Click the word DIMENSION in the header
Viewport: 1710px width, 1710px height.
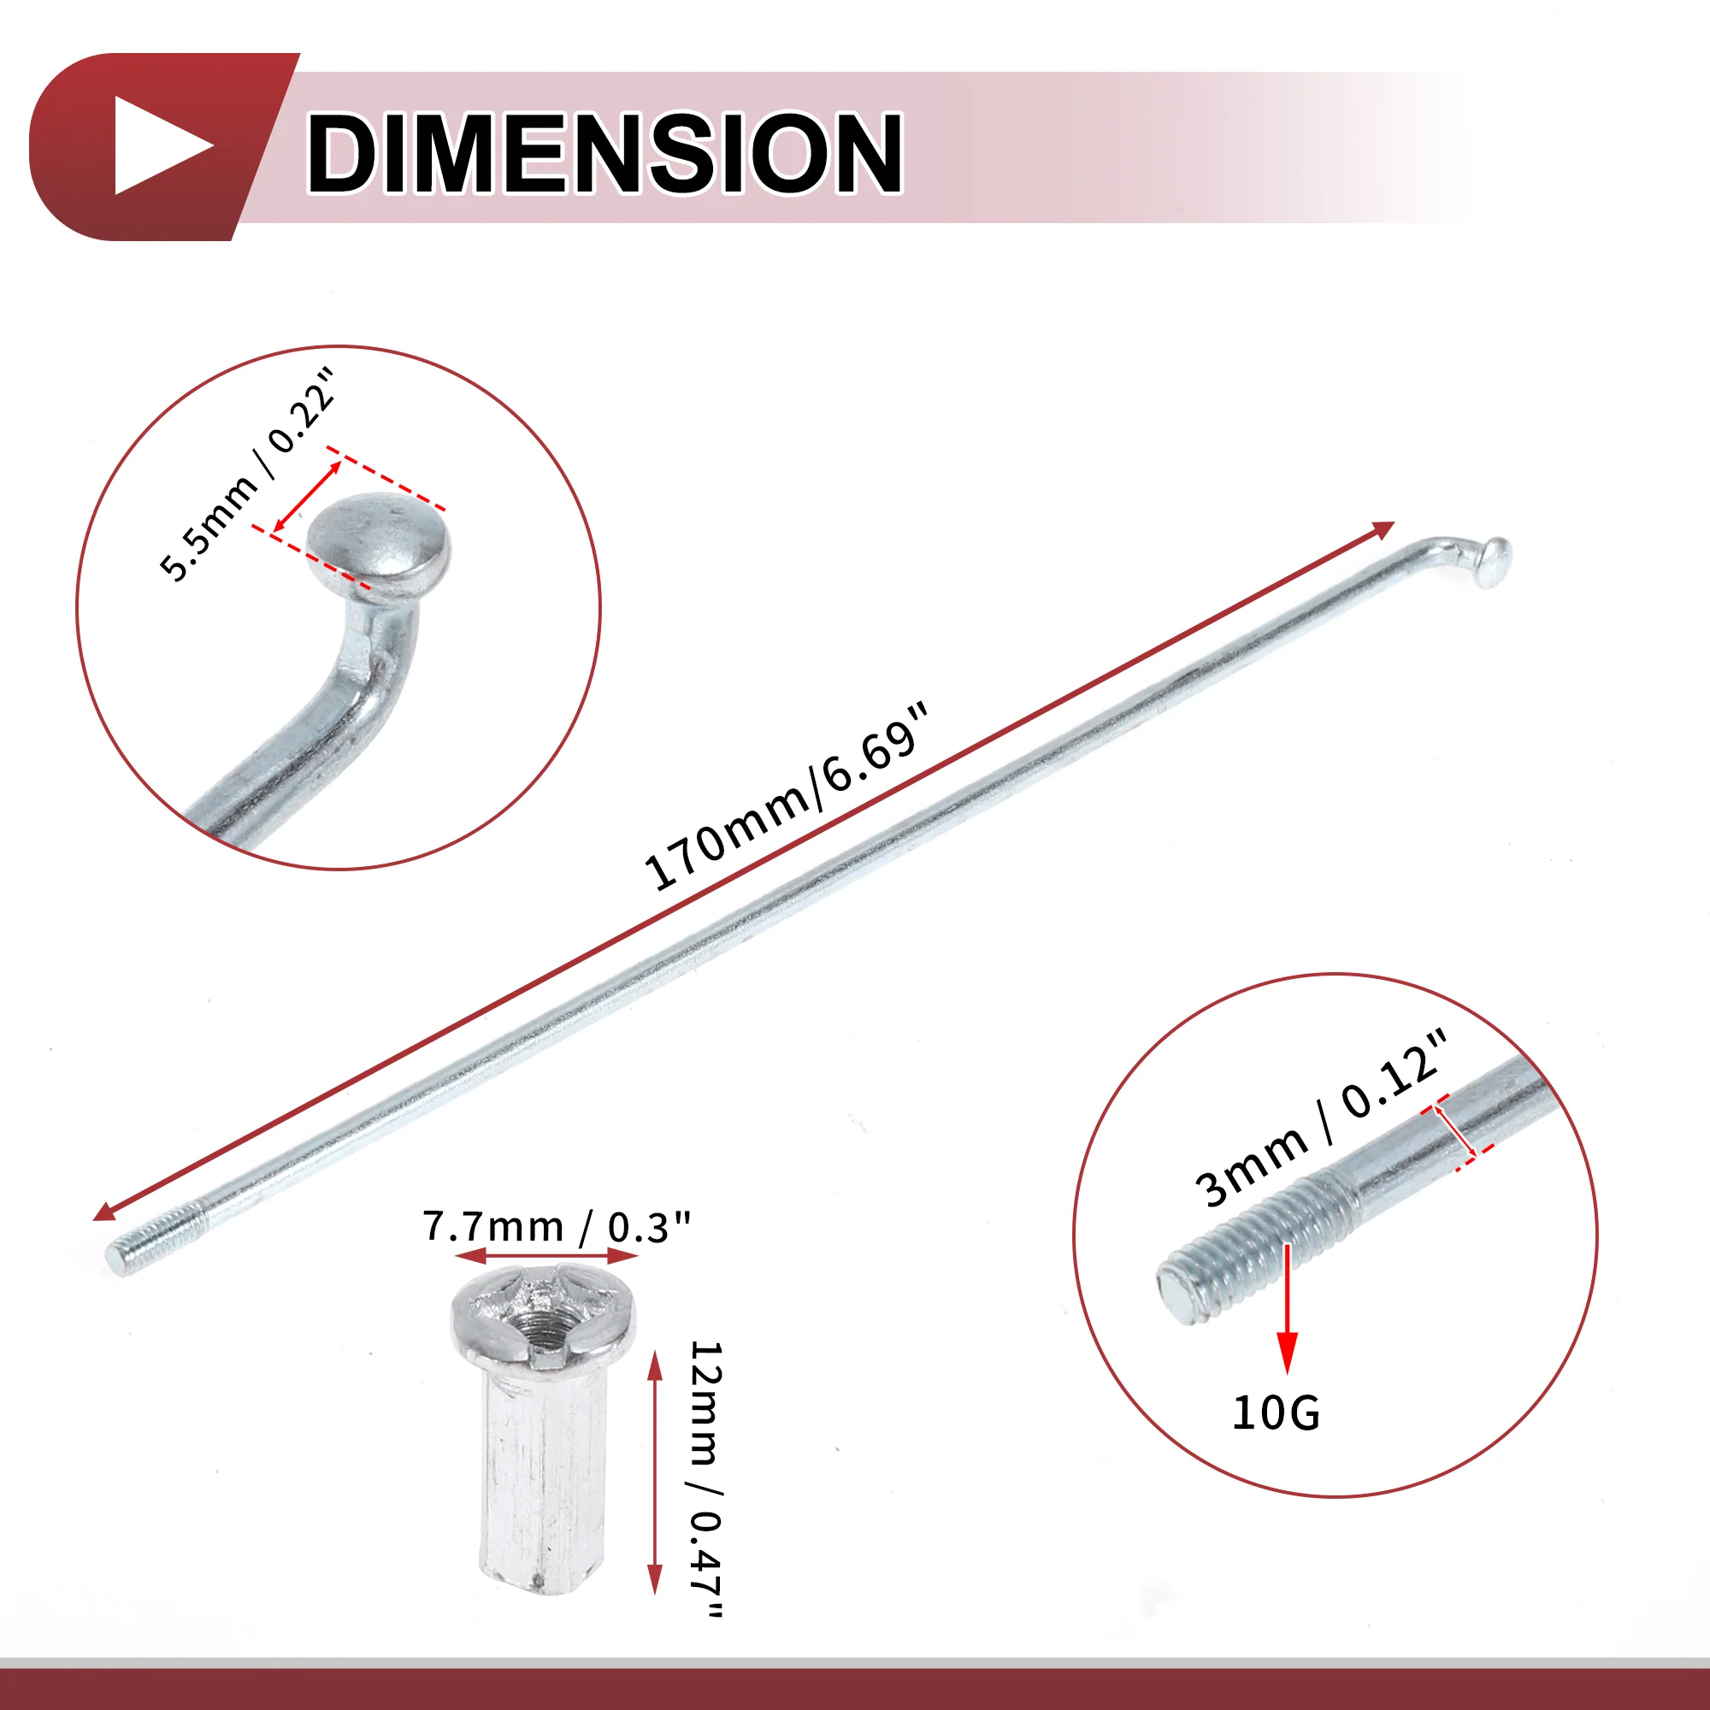click(x=604, y=152)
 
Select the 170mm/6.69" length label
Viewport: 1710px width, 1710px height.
click(x=787, y=797)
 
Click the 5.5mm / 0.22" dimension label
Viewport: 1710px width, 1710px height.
click(x=249, y=475)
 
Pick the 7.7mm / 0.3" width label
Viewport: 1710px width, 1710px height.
click(x=556, y=1227)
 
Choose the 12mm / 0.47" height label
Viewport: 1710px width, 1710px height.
click(x=706, y=1479)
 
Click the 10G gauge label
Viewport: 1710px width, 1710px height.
click(x=1276, y=1412)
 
